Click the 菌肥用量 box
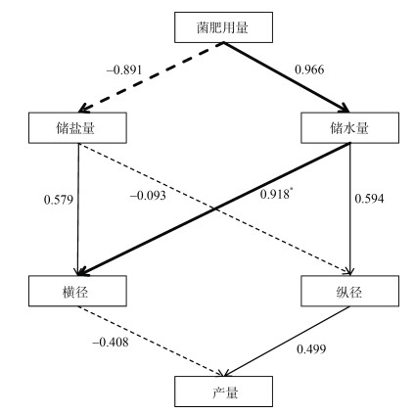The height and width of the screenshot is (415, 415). tap(223, 27)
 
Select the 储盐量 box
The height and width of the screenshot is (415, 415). tap(77, 128)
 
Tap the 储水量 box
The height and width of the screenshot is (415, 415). tap(349, 128)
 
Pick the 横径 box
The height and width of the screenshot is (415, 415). tap(77, 291)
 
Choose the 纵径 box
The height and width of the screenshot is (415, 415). tap(349, 291)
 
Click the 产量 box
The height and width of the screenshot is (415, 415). tap(223, 392)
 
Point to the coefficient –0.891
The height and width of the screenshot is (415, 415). tap(124, 70)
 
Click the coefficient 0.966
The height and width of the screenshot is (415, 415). tap(309, 69)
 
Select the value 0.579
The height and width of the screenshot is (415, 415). tap(59, 200)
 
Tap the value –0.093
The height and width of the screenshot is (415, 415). tap(148, 196)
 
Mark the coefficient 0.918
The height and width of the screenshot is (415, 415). tap(275, 194)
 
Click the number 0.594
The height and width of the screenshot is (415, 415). tap(369, 199)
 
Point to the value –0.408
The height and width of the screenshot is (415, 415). tap(111, 342)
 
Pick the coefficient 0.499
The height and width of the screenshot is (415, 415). tap(311, 349)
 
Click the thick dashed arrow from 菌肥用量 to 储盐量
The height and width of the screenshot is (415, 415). tap(151, 77)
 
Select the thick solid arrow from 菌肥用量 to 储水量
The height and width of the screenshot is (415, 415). tap(287, 77)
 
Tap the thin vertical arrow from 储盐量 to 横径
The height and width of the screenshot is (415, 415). tap(78, 209)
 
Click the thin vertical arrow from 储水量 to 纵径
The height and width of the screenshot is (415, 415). tap(350, 209)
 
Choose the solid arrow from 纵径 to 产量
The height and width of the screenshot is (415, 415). tap(287, 342)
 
